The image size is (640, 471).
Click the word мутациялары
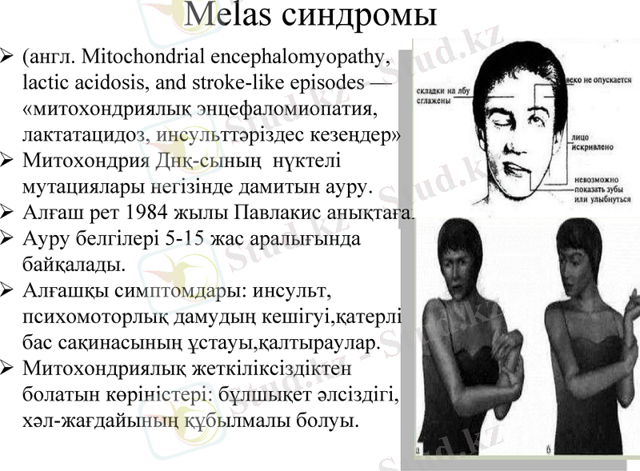(x=78, y=188)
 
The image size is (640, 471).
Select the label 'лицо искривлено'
(x=589, y=143)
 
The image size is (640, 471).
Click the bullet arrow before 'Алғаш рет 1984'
(x=7, y=214)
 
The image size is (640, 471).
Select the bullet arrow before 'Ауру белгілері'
(x=7, y=238)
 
